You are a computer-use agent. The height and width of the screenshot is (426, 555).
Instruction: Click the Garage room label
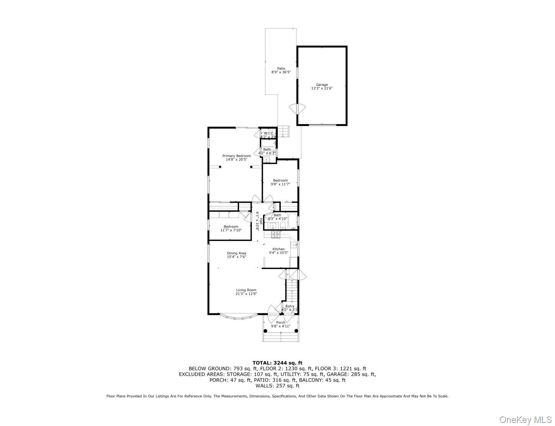pyautogui.click(x=322, y=85)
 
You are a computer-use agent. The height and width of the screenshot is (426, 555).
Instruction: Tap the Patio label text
pyautogui.click(x=281, y=69)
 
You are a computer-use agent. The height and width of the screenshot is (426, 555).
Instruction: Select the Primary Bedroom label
pyautogui.click(x=236, y=156)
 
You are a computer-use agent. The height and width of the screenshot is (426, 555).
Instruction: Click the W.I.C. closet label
pyautogui.click(x=268, y=133)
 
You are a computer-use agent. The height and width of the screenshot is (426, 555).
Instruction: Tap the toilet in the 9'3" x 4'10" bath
pyautogui.click(x=282, y=224)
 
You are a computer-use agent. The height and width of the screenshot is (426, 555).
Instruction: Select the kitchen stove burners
pyautogui.click(x=276, y=234)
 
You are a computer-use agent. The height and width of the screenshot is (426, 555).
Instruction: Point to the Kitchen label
pyautogui.click(x=278, y=249)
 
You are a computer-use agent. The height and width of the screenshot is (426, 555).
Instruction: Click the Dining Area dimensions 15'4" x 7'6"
pyautogui.click(x=236, y=257)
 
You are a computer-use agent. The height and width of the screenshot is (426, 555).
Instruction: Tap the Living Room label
pyautogui.click(x=246, y=290)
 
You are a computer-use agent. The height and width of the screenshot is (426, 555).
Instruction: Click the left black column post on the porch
pyautogui.click(x=265, y=331)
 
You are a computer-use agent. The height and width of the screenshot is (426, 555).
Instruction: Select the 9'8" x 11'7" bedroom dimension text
pyautogui.click(x=280, y=184)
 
